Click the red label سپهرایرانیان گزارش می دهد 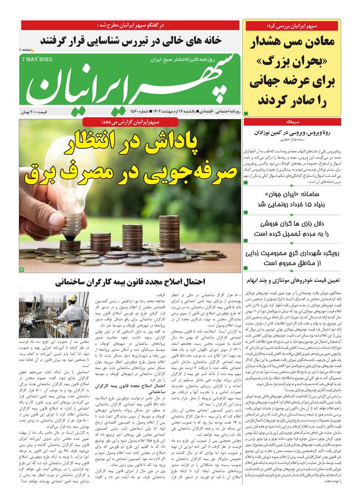(x=130, y=122)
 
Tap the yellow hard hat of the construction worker (x=72, y=298)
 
